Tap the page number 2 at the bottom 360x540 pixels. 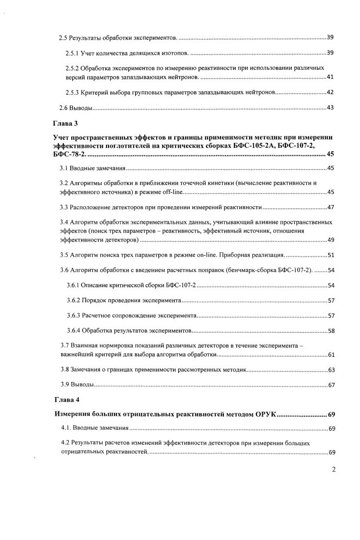click(333, 469)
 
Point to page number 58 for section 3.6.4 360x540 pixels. click(331, 331)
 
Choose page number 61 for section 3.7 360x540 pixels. click(331, 354)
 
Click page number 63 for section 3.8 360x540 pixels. click(331, 370)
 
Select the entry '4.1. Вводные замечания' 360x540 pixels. click(94, 429)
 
